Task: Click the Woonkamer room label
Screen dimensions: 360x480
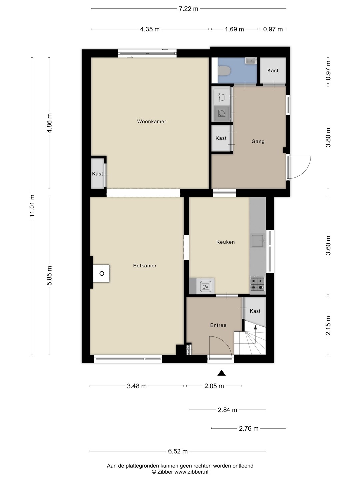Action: [151, 121]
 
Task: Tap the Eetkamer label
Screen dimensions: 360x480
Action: [145, 265]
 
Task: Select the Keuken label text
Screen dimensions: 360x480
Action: [225, 242]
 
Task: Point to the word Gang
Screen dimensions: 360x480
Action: [258, 141]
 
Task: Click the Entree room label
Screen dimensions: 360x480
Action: [218, 325]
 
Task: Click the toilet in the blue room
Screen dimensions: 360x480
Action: [224, 71]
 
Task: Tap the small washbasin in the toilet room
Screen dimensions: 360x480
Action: [251, 61]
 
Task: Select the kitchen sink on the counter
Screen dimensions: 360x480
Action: [258, 241]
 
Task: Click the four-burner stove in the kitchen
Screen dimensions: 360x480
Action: [257, 283]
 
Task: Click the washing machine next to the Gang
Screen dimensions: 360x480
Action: [222, 113]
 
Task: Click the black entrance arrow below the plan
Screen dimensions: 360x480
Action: [221, 373]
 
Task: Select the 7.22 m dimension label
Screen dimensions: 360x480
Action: [188, 9]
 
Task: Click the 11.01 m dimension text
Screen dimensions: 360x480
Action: [32, 206]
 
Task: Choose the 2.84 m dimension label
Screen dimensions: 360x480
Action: [227, 410]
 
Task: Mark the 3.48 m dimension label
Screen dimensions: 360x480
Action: [137, 386]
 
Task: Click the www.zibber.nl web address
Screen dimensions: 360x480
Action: [191, 472]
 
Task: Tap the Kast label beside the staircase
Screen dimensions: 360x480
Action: [255, 311]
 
